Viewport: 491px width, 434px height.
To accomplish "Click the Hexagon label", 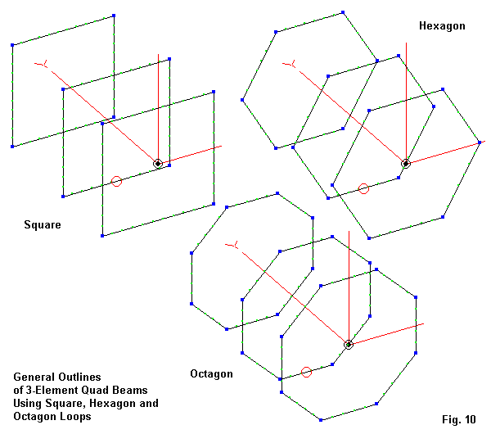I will click(442, 26).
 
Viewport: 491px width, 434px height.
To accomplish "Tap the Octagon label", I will click(211, 374).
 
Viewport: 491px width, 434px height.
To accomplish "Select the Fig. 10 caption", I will click(458, 420).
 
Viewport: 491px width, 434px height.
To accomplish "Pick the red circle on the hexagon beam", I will click(364, 189).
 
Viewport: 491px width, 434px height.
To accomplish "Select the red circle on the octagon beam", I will click(307, 373).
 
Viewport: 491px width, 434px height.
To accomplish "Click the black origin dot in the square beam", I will click(158, 164).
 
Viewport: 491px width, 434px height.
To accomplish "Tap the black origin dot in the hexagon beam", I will click(405, 164).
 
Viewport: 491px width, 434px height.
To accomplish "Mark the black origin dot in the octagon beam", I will click(349, 345).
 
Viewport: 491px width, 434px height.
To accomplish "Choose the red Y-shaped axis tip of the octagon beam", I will click(235, 244).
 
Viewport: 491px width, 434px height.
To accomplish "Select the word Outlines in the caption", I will click(80, 377).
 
